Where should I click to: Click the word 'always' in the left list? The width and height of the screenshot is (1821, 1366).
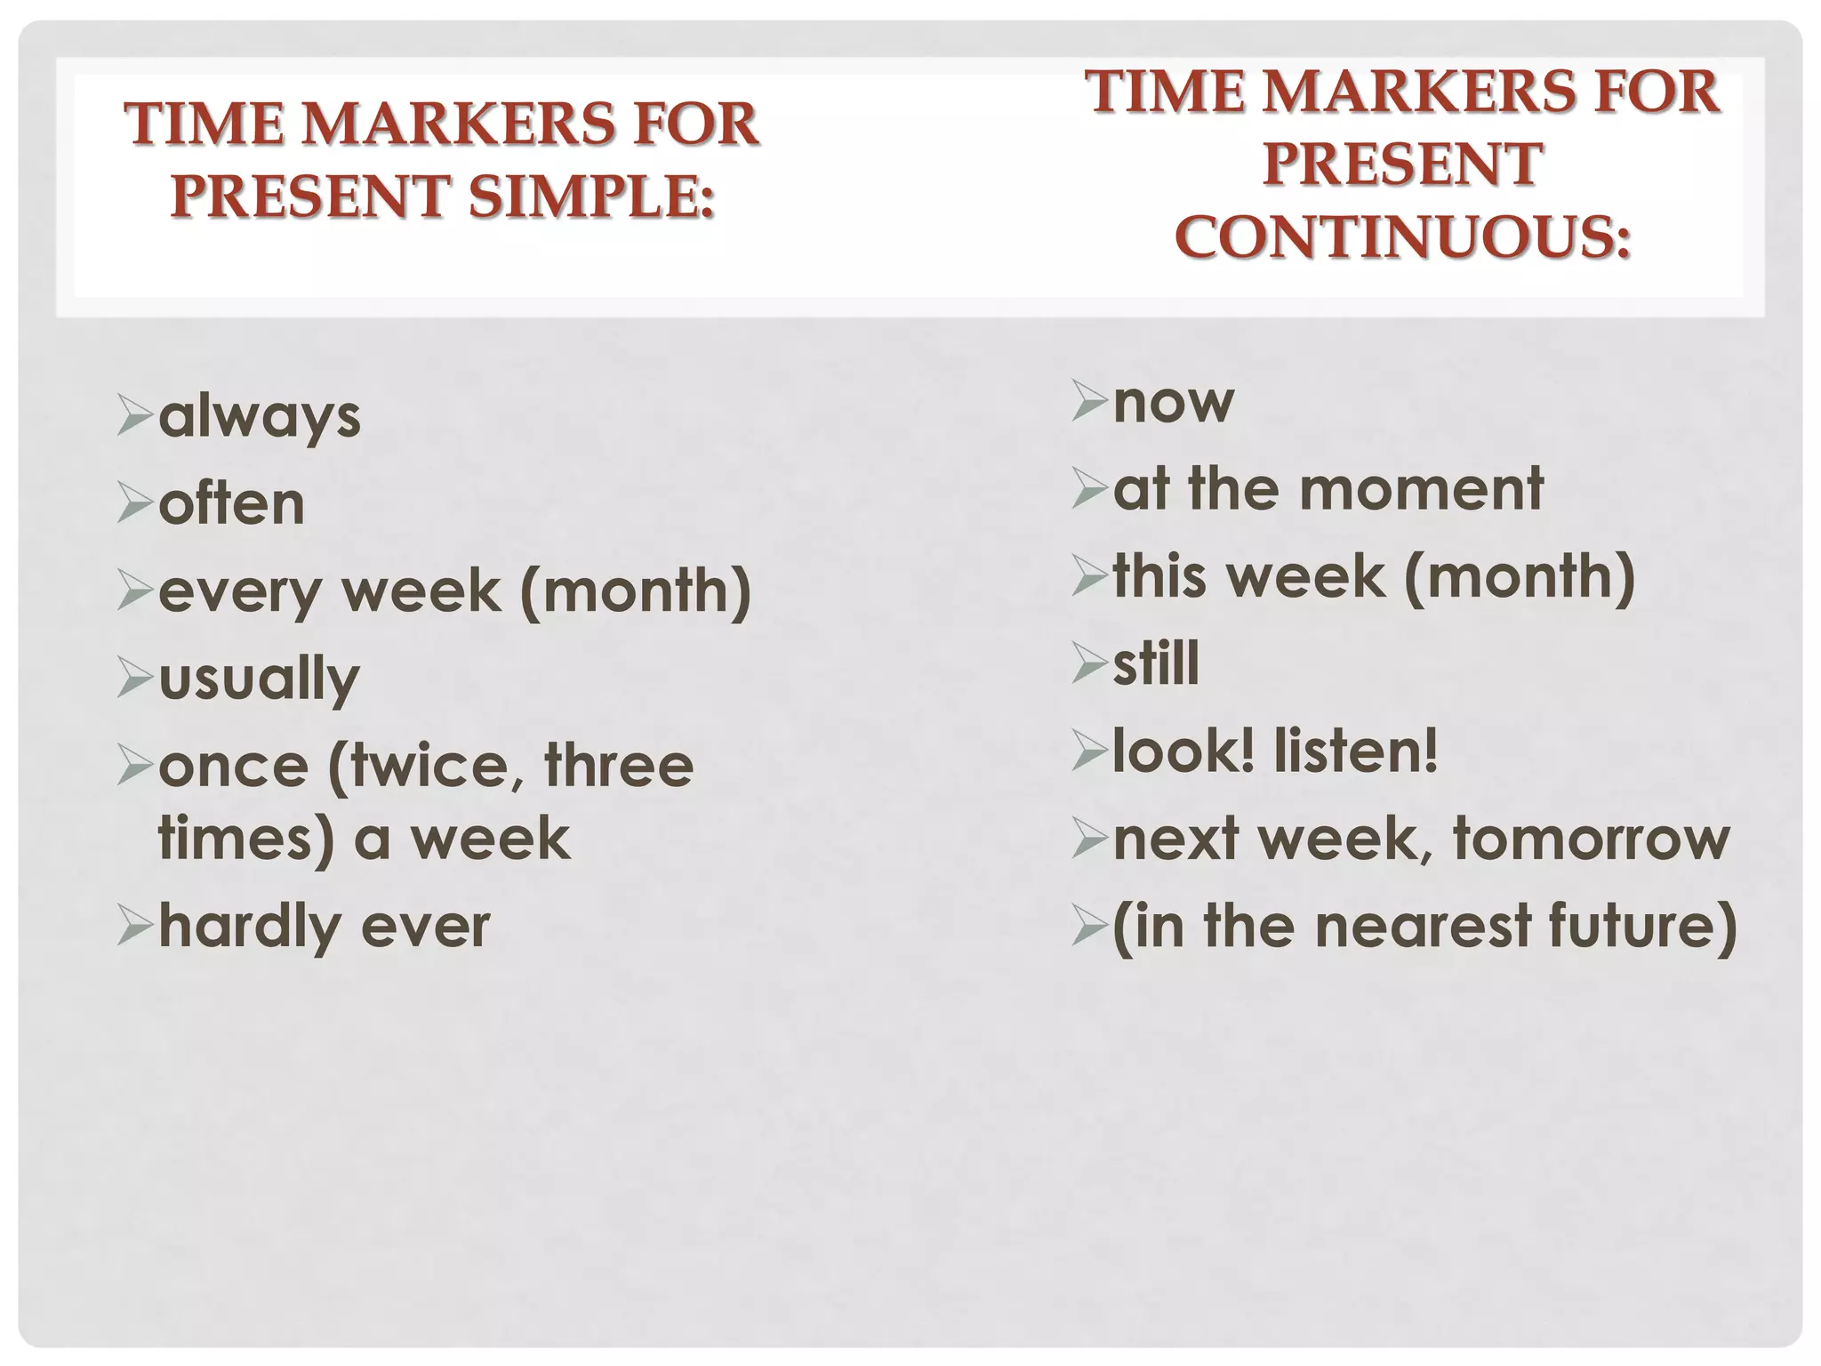(260, 418)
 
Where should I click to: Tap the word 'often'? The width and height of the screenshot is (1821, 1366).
(232, 503)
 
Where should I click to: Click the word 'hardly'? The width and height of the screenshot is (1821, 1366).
(248, 927)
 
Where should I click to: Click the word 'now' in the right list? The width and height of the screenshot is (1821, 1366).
(1173, 402)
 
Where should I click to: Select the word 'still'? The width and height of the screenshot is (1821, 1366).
(1156, 663)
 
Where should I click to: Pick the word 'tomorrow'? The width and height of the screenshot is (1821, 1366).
(1592, 839)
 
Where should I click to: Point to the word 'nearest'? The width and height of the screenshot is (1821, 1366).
(1423, 926)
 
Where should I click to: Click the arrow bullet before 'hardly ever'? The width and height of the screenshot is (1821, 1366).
(135, 928)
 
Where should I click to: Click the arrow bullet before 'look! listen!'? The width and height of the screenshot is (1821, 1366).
(1089, 751)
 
